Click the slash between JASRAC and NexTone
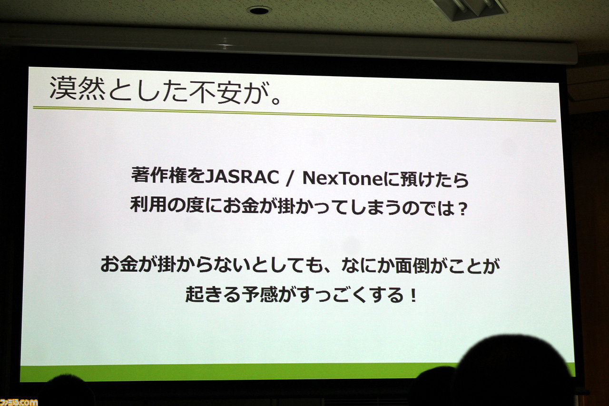(x=290, y=178)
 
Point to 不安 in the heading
(x=216, y=92)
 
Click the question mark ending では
(x=462, y=210)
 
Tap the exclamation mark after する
(x=413, y=296)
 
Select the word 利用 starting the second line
(x=148, y=204)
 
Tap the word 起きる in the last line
(x=213, y=294)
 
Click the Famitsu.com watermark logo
(x=19, y=402)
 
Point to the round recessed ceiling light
(x=259, y=10)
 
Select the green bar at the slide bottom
(x=239, y=372)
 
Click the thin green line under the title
(x=295, y=114)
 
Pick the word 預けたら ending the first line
(x=435, y=179)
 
